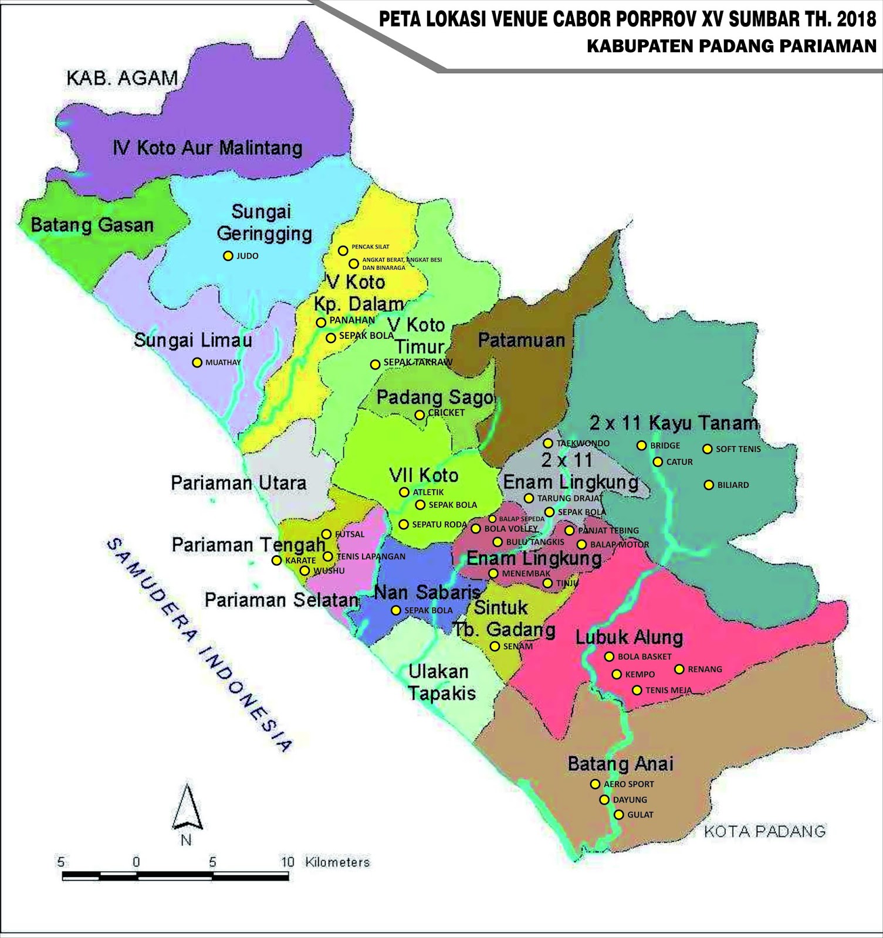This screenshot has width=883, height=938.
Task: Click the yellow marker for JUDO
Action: [228, 256]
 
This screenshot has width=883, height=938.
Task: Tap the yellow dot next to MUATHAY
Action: [197, 363]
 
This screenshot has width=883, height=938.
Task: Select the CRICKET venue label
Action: [446, 413]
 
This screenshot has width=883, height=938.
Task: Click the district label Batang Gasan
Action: [92, 225]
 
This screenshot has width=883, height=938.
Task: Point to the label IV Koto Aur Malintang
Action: [208, 148]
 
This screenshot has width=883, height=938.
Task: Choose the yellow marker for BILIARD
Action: [709, 485]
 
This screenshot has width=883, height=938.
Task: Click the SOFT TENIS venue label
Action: [738, 449]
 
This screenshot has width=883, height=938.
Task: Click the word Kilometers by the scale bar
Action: [337, 862]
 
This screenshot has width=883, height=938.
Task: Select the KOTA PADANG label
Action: [764, 831]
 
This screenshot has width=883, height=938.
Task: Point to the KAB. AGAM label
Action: [122, 78]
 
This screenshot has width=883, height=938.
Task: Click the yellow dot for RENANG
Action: [679, 669]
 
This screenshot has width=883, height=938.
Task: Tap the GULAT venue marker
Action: [618, 814]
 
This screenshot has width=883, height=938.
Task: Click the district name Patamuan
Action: [521, 340]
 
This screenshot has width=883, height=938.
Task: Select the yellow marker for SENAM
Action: [495, 646]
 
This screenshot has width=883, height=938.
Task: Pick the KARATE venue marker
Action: [276, 560]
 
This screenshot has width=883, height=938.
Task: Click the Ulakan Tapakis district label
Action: [441, 682]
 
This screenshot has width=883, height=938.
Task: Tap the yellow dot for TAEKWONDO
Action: [548, 443]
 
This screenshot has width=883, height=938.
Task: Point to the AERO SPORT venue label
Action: [628, 784]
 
